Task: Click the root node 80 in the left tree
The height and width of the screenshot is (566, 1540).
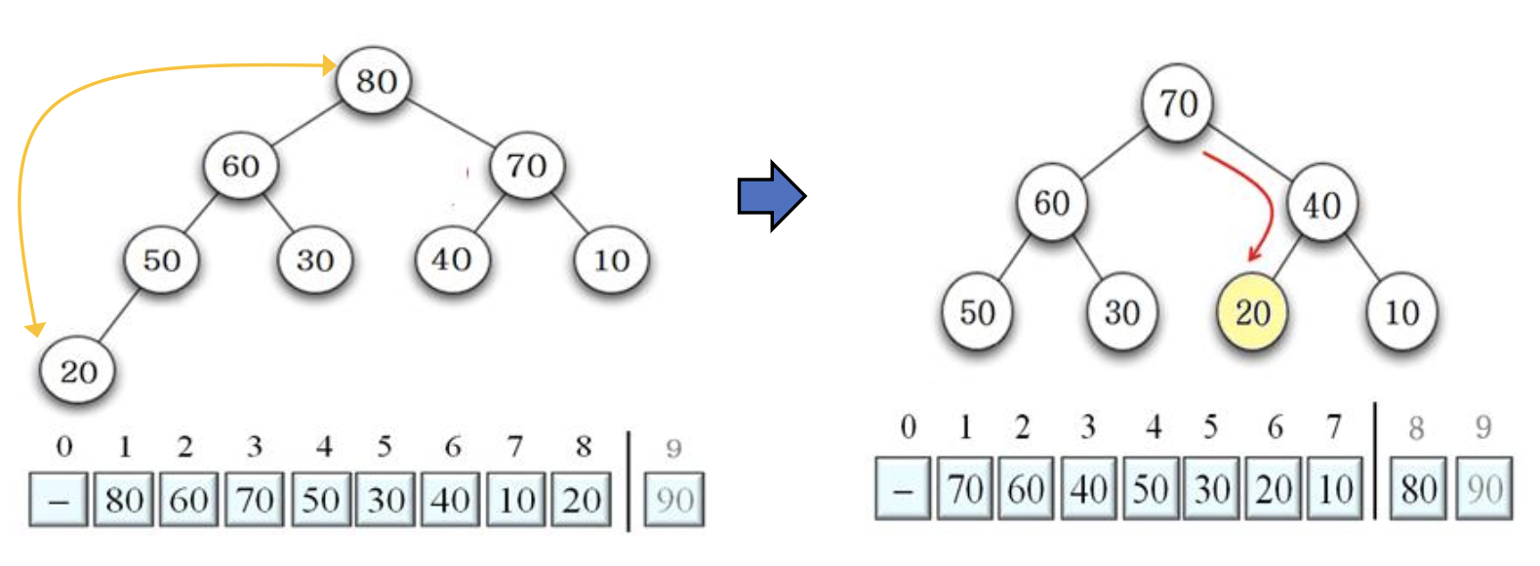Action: click(x=375, y=80)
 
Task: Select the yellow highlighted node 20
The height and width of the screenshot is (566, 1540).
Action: click(x=1252, y=312)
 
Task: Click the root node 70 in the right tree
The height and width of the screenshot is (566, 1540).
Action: click(x=1178, y=102)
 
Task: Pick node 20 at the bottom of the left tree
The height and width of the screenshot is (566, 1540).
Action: click(x=78, y=371)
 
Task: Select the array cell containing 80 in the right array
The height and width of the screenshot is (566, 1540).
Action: click(x=1419, y=488)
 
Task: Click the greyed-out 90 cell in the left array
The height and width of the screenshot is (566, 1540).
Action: click(x=674, y=500)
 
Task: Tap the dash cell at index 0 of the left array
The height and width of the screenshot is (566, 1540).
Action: click(x=59, y=500)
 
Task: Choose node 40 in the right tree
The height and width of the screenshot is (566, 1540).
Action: click(x=1321, y=205)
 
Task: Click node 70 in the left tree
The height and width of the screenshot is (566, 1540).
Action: click(x=527, y=165)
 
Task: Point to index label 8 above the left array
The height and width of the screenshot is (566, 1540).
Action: click(x=584, y=446)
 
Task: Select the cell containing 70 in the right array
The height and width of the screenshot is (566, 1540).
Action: click(x=965, y=488)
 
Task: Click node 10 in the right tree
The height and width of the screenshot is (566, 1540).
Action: click(x=1401, y=312)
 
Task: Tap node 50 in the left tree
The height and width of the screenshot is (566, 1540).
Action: click(x=162, y=260)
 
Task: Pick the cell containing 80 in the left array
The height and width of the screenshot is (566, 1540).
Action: click(x=124, y=500)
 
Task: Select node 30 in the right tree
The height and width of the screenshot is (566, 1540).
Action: click(x=1121, y=312)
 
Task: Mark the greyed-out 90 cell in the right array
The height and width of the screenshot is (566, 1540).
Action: click(x=1484, y=488)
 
